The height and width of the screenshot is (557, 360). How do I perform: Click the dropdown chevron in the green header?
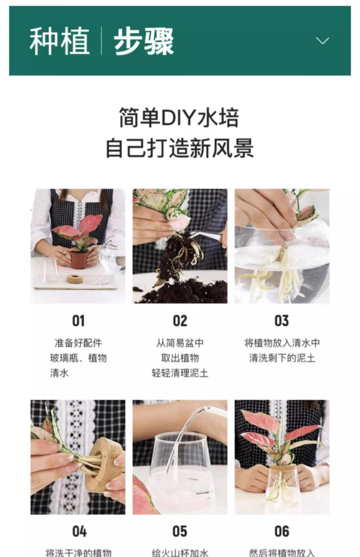(x=322, y=41)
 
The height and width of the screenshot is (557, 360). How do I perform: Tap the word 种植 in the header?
(x=59, y=41)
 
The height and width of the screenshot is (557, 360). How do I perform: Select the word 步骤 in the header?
(x=143, y=41)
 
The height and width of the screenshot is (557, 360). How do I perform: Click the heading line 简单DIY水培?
(x=179, y=118)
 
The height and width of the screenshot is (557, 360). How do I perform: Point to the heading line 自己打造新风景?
(x=180, y=147)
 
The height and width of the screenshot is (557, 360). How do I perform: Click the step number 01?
(x=79, y=321)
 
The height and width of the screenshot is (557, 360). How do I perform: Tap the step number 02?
(x=180, y=321)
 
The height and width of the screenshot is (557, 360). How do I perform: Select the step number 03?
(x=281, y=321)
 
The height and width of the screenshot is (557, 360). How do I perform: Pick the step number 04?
(x=79, y=531)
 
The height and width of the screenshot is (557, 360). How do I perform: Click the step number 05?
(x=180, y=531)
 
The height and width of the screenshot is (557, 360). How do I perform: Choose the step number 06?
(x=281, y=531)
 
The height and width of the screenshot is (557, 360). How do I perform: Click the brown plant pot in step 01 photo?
(x=79, y=260)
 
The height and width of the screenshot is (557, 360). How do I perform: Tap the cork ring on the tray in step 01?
(x=74, y=279)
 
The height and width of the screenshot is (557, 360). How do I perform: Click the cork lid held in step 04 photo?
(x=103, y=465)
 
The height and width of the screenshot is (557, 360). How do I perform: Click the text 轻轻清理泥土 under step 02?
(x=180, y=373)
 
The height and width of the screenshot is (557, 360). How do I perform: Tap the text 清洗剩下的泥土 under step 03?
(x=282, y=358)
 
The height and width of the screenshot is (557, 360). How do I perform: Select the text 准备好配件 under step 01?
(x=78, y=343)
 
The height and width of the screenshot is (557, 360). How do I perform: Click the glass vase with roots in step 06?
(x=283, y=485)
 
